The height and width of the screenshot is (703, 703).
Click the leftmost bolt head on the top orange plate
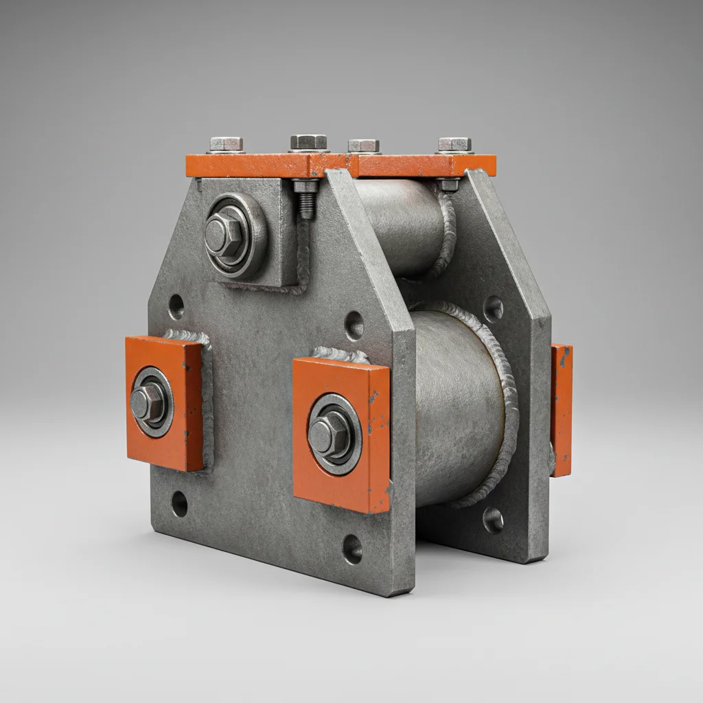coord(226,144)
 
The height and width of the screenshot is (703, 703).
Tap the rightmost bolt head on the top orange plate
coord(454,145)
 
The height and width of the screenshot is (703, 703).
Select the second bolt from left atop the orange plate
coord(308,142)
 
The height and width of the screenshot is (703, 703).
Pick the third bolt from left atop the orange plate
coord(363,146)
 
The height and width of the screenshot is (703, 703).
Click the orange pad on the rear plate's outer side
coord(561,410)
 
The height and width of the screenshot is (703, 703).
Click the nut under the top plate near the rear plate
coord(449,185)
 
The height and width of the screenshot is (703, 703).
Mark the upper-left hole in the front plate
coord(176,306)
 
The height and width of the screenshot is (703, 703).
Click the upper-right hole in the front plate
coord(354,325)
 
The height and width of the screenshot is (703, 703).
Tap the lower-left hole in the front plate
coord(179,504)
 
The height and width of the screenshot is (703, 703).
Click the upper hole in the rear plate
coord(493,308)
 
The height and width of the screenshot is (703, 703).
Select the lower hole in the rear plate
coord(493,520)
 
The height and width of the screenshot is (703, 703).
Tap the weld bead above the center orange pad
coord(341,355)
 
